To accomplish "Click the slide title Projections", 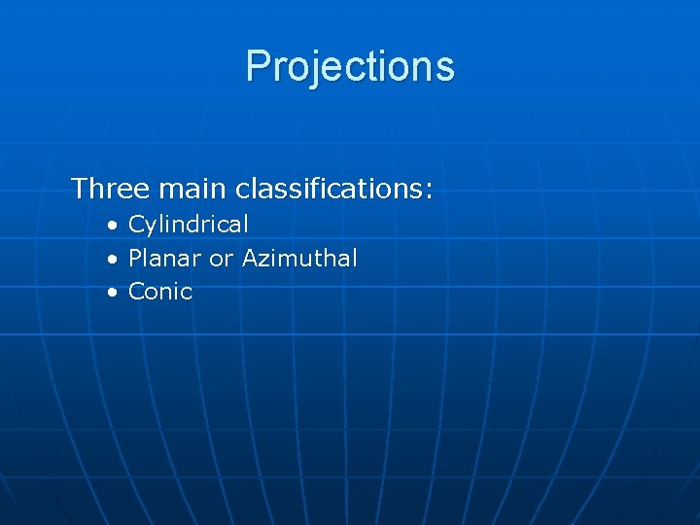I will pyautogui.click(x=350, y=66).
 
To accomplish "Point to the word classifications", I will pyautogui.click(x=327, y=188).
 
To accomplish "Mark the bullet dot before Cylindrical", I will pyautogui.click(x=113, y=226).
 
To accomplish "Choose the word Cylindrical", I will pyautogui.click(x=189, y=225).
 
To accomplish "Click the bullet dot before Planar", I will pyautogui.click(x=113, y=260).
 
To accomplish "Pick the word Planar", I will pyautogui.click(x=165, y=259).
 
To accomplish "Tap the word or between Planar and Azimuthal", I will pyautogui.click(x=222, y=260).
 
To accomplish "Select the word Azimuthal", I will pyautogui.click(x=299, y=259).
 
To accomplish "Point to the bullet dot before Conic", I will pyautogui.click(x=113, y=293).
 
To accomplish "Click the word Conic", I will pyautogui.click(x=160, y=292).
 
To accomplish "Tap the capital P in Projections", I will pyautogui.click(x=257, y=66).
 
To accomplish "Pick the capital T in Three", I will pyautogui.click(x=80, y=188).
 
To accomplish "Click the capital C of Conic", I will pyautogui.click(x=137, y=292).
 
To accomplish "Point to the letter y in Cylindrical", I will pyautogui.click(x=150, y=227).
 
